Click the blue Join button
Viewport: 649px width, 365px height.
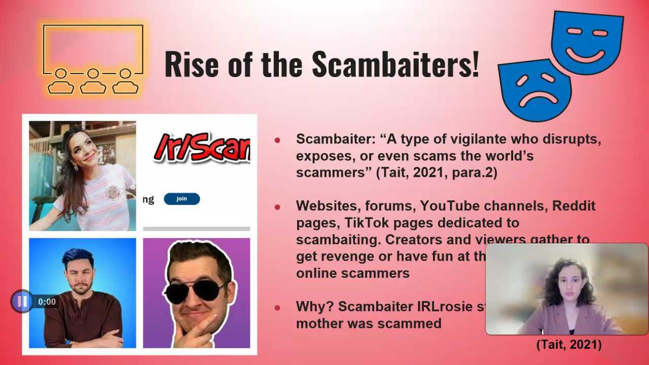[182, 199]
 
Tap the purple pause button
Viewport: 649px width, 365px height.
[22, 302]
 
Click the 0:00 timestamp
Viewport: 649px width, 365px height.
[47, 302]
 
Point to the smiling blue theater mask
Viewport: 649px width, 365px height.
[587, 43]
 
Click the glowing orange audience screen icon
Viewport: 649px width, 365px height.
[93, 58]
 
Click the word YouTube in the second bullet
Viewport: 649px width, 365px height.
[450, 206]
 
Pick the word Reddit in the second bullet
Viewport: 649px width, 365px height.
[573, 206]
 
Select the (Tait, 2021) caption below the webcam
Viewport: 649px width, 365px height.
[569, 345]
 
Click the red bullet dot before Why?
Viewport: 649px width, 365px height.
[277, 307]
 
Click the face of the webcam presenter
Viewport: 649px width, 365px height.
[568, 285]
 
